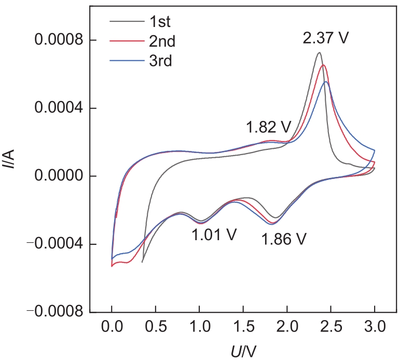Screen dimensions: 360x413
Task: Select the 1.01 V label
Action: [x=214, y=234]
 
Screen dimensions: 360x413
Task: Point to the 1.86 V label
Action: [x=284, y=239]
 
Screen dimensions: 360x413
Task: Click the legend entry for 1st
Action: [x=160, y=22]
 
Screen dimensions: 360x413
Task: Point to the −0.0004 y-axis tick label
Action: [x=55, y=244]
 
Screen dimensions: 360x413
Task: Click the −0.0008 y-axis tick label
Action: [x=55, y=312]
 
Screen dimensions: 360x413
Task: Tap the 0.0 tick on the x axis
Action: [x=112, y=326]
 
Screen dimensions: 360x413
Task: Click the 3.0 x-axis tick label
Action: [x=375, y=326]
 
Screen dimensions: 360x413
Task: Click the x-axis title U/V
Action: [x=243, y=351]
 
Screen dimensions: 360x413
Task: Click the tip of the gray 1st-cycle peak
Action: [x=319, y=52]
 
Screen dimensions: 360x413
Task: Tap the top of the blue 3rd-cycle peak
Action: [x=326, y=81]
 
